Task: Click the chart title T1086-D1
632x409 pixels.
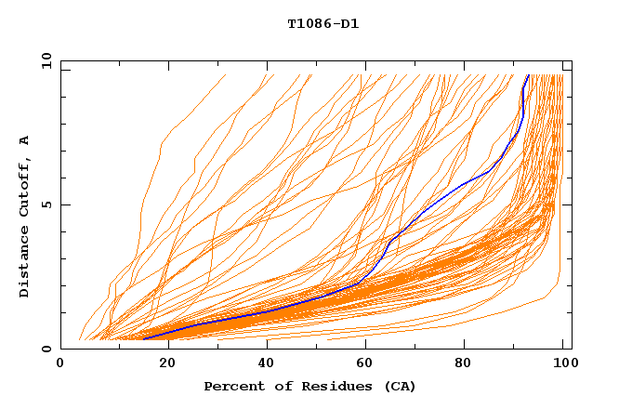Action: point(323,23)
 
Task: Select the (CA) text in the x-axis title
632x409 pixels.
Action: point(398,387)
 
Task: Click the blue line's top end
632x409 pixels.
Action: point(529,75)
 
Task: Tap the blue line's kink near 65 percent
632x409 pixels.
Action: point(388,242)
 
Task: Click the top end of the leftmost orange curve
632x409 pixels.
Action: point(226,75)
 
